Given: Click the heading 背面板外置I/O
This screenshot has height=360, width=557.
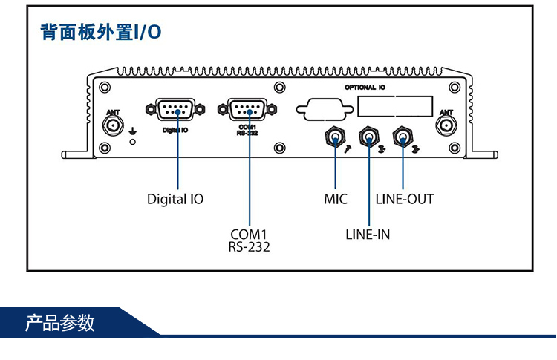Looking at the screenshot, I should [100, 33].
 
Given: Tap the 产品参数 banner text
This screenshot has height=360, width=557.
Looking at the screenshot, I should [60, 324].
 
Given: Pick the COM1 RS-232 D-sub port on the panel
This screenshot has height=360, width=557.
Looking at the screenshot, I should [249, 111].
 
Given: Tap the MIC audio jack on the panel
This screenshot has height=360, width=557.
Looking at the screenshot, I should [335, 137].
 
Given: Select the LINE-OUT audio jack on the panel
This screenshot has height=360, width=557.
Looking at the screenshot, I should [403, 137].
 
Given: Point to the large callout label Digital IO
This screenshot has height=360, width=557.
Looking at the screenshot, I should [175, 199].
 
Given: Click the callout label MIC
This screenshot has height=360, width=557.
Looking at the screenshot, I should [336, 199].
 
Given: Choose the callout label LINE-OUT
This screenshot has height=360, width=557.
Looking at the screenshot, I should [404, 199].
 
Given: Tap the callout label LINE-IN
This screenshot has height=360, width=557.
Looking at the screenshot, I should [368, 235].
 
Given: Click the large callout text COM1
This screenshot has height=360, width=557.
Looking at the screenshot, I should [249, 235].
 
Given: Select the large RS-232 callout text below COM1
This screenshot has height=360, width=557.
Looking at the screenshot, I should [249, 247].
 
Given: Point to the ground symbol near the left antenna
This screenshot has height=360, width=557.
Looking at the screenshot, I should [133, 131].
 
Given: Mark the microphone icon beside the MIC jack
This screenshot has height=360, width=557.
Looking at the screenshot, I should [347, 149].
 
